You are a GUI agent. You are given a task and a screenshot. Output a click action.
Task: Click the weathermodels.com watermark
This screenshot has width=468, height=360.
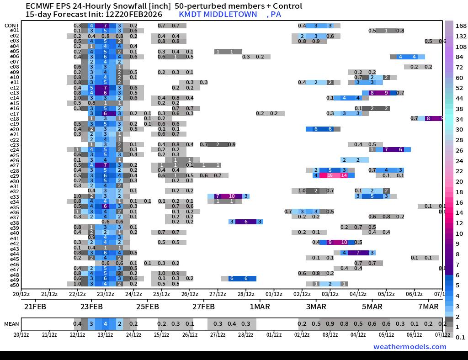(x=409, y=346)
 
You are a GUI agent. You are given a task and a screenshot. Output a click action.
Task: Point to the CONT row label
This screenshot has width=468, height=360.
(x=12, y=26)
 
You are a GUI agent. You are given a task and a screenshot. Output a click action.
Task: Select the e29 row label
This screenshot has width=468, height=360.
(x=14, y=176)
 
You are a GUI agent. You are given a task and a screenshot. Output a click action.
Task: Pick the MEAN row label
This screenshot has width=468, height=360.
(x=12, y=324)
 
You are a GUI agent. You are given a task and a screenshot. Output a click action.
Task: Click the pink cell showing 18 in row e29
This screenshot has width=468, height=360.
(x=330, y=175)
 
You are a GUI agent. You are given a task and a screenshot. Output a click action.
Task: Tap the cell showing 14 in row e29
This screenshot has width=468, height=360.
(x=344, y=175)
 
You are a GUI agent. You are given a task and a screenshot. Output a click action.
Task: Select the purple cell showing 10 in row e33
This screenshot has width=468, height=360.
(x=232, y=196)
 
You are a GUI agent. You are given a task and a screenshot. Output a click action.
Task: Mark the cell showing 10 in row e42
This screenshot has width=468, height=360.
(x=344, y=243)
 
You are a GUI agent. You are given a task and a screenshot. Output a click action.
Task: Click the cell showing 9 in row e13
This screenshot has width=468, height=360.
(x=386, y=93)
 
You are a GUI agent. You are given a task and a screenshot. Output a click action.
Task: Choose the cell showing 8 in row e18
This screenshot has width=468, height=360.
(x=428, y=119)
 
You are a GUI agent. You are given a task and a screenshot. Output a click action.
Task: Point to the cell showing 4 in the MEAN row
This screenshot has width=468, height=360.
(x=105, y=324)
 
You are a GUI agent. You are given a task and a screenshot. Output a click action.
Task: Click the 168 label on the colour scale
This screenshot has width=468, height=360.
(x=461, y=26)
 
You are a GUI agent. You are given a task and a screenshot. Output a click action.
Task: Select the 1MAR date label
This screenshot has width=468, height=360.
(x=260, y=306)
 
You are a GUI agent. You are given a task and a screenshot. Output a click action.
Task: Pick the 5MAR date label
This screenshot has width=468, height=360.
(x=372, y=306)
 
